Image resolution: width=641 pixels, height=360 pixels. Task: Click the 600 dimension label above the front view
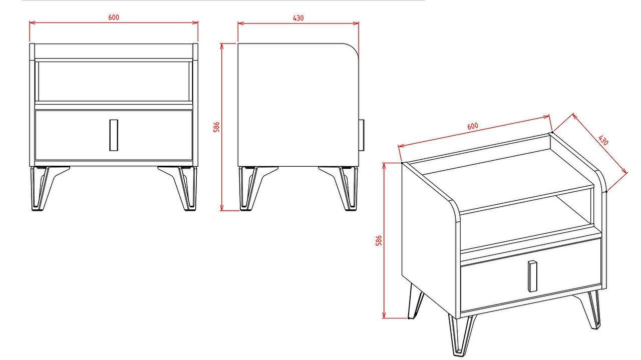point(114,18)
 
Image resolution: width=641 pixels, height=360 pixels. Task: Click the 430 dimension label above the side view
point(298,18)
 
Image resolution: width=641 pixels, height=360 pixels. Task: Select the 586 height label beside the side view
point(217,127)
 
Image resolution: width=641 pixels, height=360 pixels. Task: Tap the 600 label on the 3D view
point(472,126)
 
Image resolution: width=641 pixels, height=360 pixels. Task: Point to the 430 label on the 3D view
point(603,140)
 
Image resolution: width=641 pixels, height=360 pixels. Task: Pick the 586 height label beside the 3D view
point(379,241)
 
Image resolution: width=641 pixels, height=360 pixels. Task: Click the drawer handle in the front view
point(114,135)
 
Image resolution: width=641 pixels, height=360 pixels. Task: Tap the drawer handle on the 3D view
point(532,276)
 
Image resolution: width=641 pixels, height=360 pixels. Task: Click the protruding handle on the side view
point(362,135)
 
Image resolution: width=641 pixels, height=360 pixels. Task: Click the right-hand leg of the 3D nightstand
point(589,309)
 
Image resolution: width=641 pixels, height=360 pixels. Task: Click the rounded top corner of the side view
point(354,49)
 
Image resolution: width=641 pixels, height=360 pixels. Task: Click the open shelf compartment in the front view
point(114,81)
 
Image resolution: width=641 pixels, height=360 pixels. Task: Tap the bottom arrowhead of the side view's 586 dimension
point(221,208)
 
